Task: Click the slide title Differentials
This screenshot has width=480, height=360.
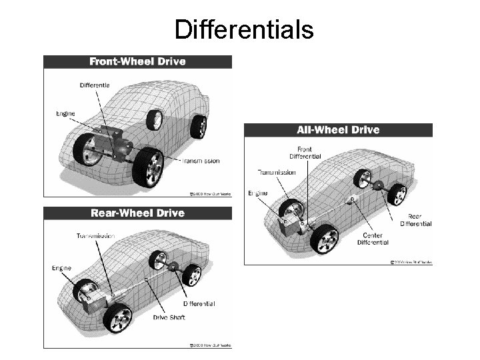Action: coord(243,29)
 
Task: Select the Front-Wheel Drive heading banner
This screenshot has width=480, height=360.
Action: coord(138,62)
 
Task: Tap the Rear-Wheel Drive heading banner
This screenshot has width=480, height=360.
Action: coord(137,213)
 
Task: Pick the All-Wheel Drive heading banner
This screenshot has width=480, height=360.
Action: coord(338,130)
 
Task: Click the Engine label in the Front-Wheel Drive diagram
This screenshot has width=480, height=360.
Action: coord(65,113)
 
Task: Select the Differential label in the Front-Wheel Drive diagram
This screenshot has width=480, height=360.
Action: coord(95,85)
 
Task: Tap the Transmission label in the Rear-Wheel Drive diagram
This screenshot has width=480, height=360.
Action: coord(95,236)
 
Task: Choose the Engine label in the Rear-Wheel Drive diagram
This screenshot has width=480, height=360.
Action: coord(61,269)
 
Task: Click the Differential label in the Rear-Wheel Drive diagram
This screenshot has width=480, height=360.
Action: coord(199,303)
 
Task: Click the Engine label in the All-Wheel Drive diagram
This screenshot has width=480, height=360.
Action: coord(258,193)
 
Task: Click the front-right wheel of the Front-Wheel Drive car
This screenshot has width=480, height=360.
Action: coord(148,167)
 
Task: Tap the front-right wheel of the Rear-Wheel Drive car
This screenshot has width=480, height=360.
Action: coord(117,319)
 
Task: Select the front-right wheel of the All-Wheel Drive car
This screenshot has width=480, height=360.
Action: coord(325,238)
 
